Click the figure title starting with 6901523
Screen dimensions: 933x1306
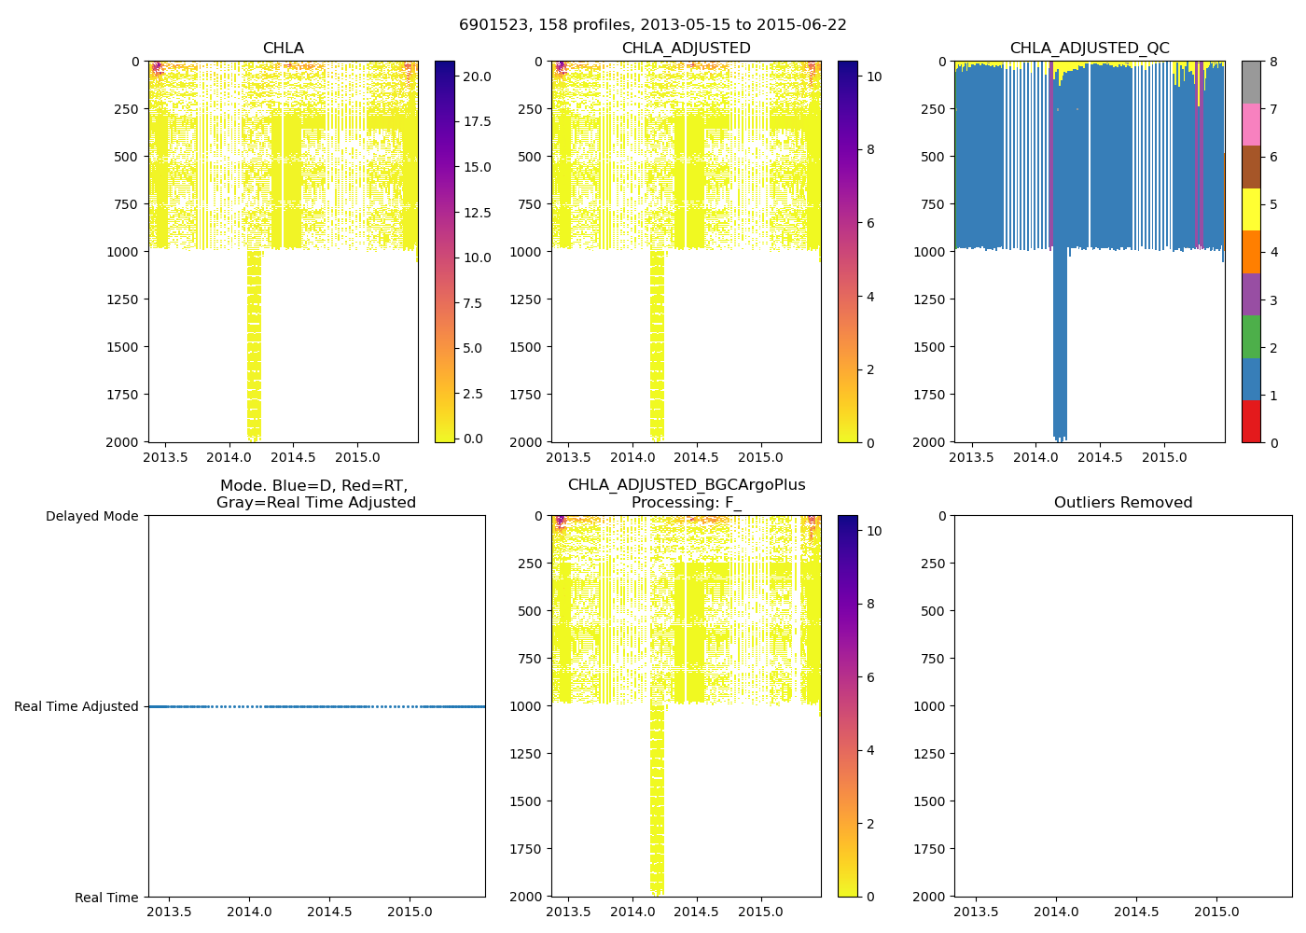[x=652, y=25]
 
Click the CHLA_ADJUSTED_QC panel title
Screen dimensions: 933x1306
[x=1089, y=49]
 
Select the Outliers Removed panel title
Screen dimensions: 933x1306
[x=1122, y=503]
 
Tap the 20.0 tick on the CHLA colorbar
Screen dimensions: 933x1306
[x=477, y=77]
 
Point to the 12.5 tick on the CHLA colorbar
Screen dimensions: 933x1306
[x=477, y=213]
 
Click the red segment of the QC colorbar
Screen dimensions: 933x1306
[x=1251, y=422]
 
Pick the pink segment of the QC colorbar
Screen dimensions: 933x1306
[x=1251, y=125]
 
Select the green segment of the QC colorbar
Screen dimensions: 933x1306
[x=1251, y=337]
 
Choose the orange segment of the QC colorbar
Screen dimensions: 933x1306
[x=1251, y=252]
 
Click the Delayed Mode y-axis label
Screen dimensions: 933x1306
[x=91, y=516]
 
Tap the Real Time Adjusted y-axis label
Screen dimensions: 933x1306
[x=76, y=706]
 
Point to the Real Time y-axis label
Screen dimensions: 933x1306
[x=106, y=898]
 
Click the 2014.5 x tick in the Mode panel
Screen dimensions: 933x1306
[x=329, y=912]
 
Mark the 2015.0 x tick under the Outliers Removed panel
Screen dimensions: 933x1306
[x=1216, y=912]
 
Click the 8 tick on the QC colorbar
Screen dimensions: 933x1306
[x=1273, y=62]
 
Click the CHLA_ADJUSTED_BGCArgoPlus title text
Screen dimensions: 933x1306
[x=686, y=485]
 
